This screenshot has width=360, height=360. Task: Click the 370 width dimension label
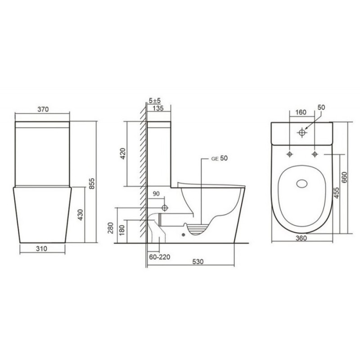click(x=43, y=109)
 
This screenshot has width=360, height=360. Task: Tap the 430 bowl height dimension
click(x=80, y=215)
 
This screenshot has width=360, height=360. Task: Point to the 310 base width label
click(x=41, y=248)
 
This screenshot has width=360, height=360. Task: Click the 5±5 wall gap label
click(x=155, y=100)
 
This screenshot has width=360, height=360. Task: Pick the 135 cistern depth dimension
click(x=158, y=108)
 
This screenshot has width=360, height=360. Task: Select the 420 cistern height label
click(x=123, y=153)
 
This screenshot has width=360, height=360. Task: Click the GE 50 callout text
click(x=220, y=158)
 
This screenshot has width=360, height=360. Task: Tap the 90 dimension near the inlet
click(x=156, y=193)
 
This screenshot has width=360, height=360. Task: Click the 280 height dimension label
click(x=111, y=228)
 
